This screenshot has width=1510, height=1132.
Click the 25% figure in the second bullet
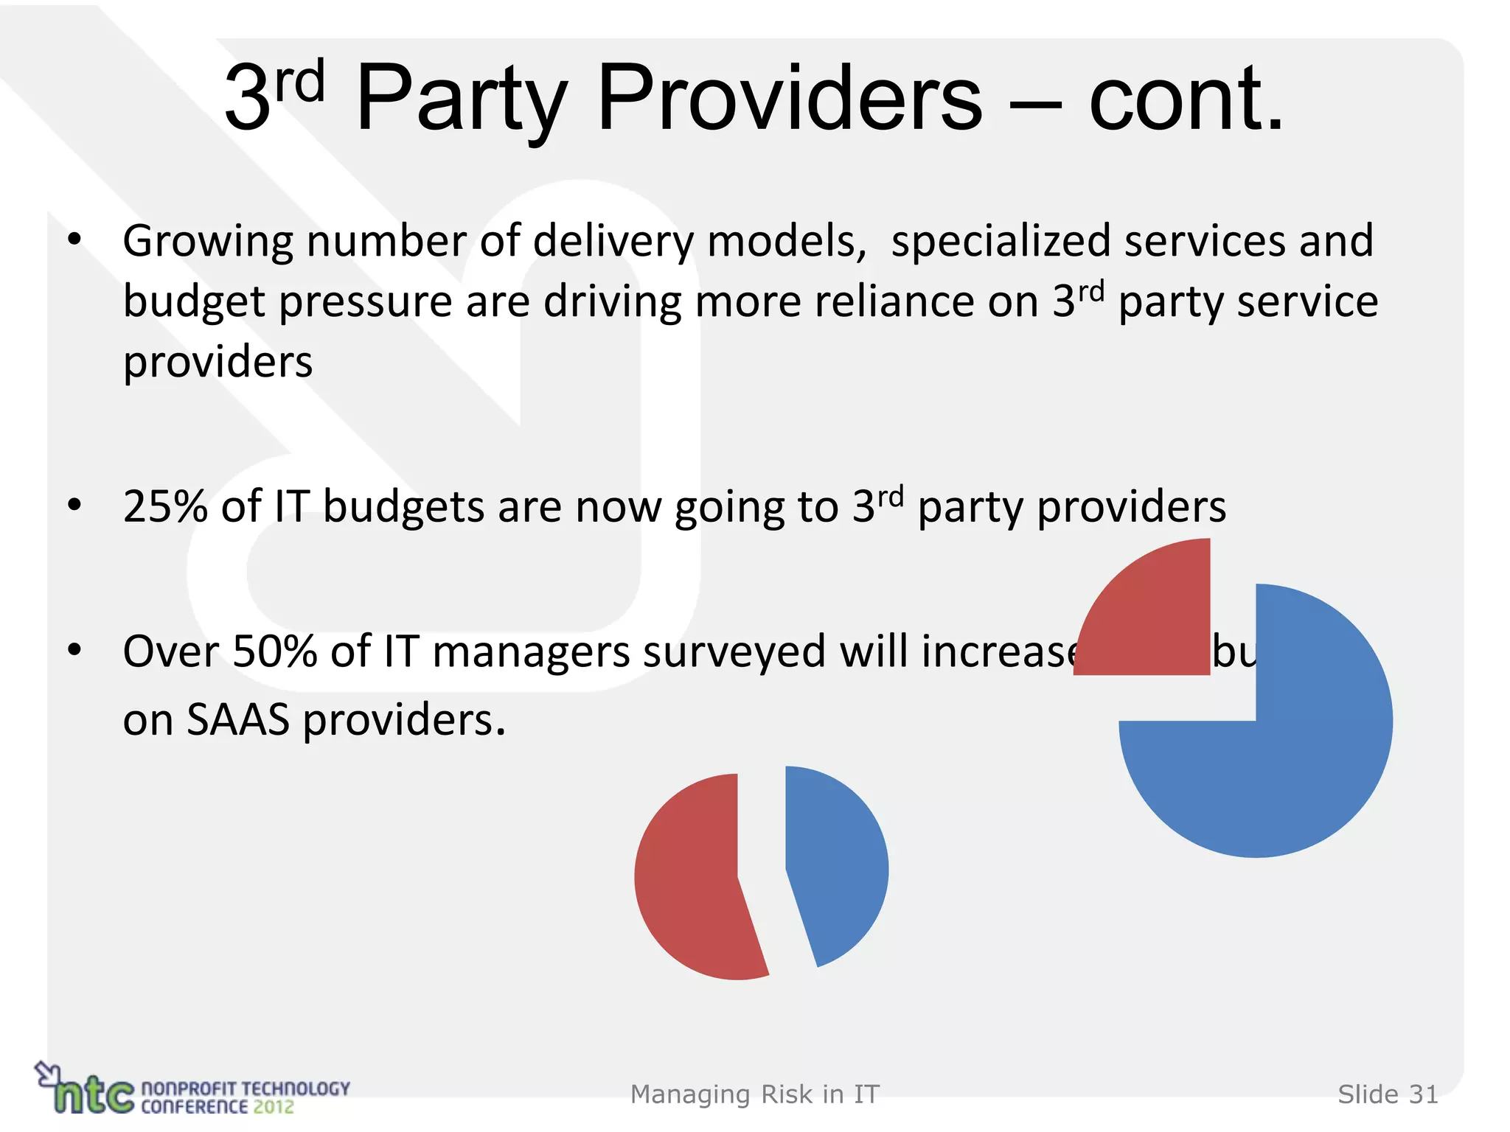(165, 507)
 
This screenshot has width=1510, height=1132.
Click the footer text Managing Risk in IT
(754, 1094)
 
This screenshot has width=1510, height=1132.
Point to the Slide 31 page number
(1388, 1094)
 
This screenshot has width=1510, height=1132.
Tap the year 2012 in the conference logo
(273, 1107)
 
